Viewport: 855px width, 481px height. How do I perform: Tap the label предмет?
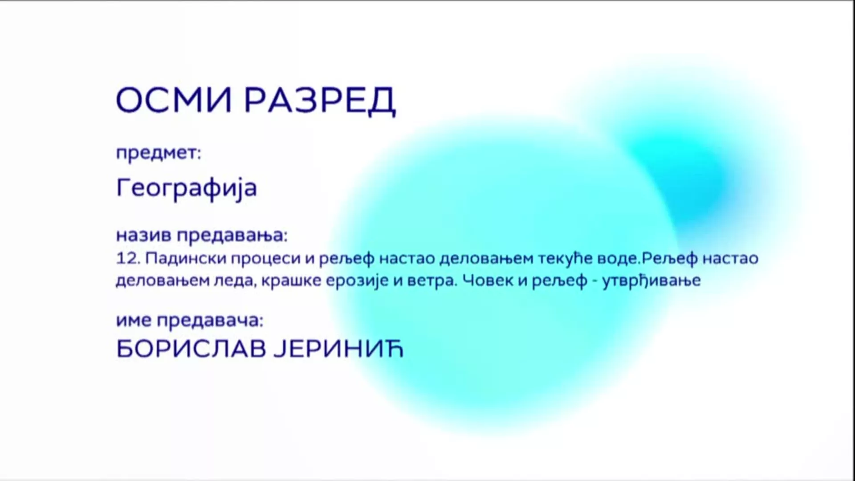[159, 154]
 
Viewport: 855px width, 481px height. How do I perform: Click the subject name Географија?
[187, 188]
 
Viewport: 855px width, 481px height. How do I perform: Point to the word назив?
[143, 235]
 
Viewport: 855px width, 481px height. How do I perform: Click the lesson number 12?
[128, 258]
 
